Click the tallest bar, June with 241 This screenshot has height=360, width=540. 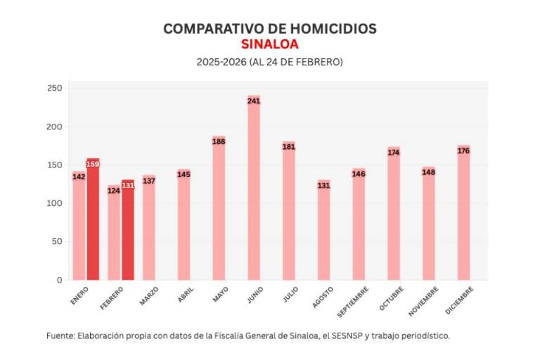point(254,190)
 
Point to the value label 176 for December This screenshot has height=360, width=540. point(463,150)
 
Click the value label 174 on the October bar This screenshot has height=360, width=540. point(394,152)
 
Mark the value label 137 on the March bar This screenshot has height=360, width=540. point(149,181)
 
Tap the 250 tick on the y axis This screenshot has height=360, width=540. point(55,89)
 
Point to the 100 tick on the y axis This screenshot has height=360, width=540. point(55,203)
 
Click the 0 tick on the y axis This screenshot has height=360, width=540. point(59,280)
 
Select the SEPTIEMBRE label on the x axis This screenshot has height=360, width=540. point(351,300)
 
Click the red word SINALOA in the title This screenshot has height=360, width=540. point(269,44)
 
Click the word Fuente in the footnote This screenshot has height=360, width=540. point(59,335)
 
